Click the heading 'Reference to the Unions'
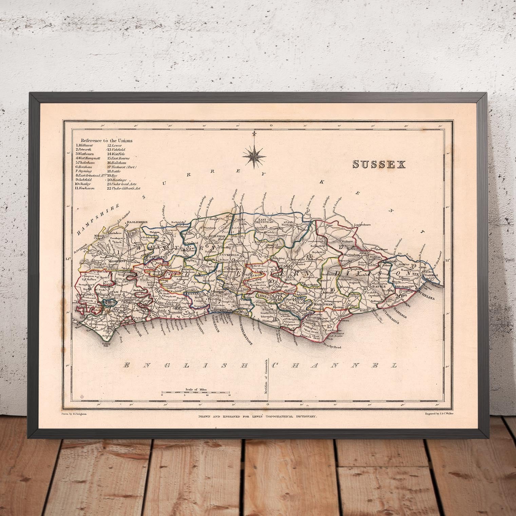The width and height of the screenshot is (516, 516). tap(106, 140)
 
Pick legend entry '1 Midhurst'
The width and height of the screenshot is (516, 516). tap(84, 145)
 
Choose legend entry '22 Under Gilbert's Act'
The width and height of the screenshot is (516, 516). tap(123, 188)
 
